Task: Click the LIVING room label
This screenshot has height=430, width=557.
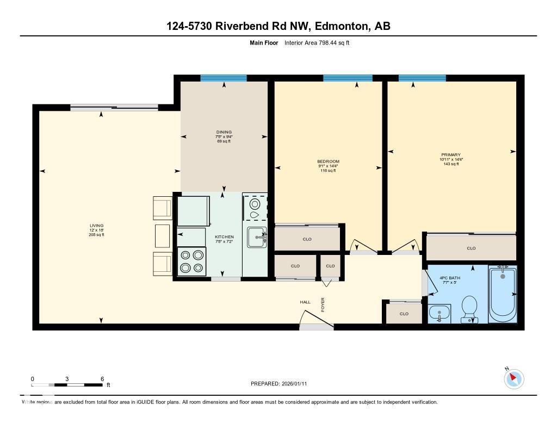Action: (x=97, y=226)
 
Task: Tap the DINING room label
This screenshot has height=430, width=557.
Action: (x=224, y=132)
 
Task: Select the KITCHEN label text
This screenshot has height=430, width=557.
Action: (x=224, y=237)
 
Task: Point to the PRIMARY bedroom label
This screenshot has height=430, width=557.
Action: (x=451, y=155)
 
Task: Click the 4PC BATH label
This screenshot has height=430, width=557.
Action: (x=449, y=278)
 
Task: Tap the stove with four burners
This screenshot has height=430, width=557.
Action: (x=192, y=261)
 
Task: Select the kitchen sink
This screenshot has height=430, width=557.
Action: (x=256, y=237)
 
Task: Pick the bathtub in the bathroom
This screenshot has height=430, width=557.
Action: (x=503, y=294)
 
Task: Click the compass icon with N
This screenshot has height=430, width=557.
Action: (x=514, y=378)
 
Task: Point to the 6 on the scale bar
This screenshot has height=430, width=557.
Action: (x=102, y=379)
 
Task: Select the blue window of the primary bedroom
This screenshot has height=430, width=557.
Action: (x=422, y=78)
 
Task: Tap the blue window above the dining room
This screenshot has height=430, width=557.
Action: (x=224, y=78)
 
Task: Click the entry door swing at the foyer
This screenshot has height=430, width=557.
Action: (x=315, y=321)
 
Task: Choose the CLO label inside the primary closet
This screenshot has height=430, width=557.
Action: (x=471, y=248)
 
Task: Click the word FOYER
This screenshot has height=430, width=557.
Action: (x=323, y=304)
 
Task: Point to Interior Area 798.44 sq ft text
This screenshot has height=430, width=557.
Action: (x=317, y=42)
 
